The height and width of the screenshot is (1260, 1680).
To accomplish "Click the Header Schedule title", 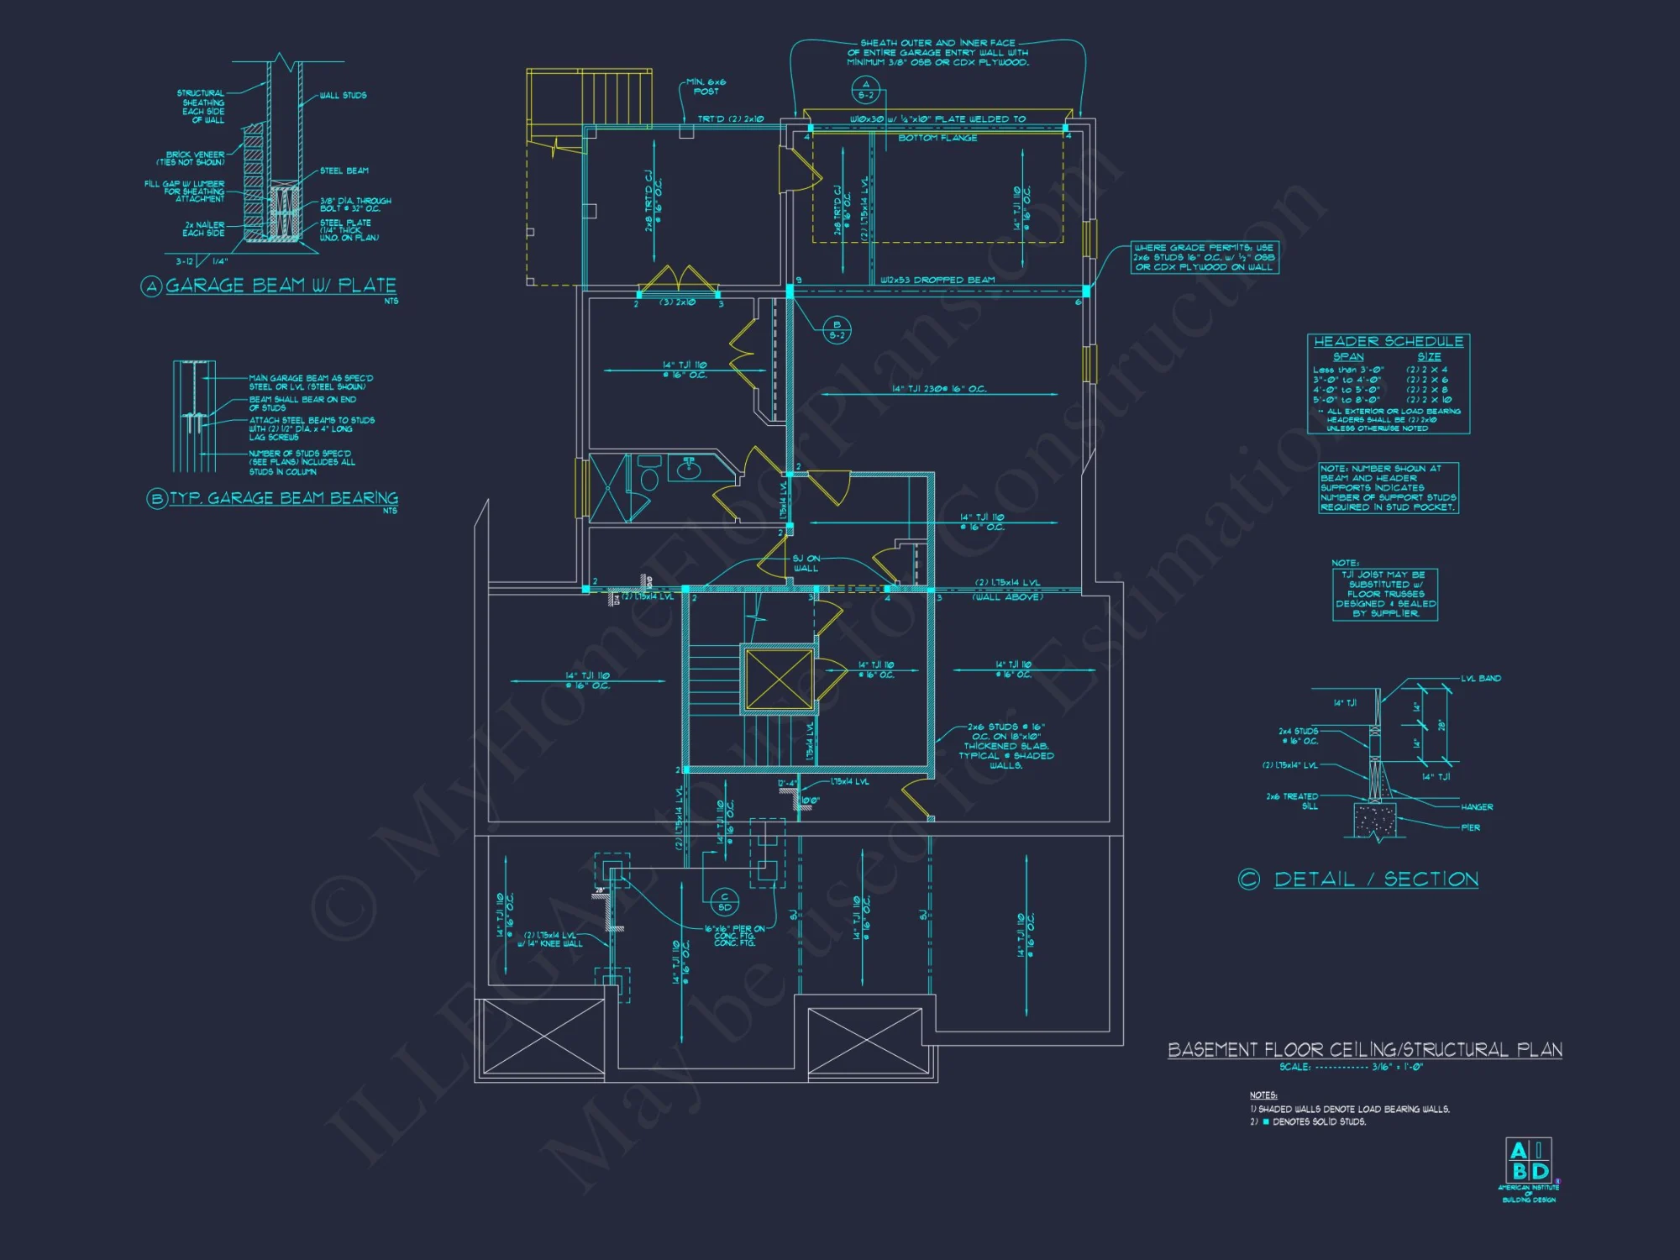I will (x=1388, y=342).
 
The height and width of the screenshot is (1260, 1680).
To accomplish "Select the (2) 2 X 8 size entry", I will (x=1427, y=390).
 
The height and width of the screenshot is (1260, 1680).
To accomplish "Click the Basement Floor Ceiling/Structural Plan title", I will (x=1364, y=1050).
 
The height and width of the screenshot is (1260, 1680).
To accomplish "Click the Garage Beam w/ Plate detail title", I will (x=281, y=286).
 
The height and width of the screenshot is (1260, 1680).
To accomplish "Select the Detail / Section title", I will (x=1376, y=879).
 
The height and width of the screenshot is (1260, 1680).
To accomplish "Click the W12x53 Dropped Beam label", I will (x=937, y=281).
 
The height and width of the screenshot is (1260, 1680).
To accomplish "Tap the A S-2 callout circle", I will (x=865, y=89).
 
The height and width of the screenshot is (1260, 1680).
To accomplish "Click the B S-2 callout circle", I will (x=837, y=330).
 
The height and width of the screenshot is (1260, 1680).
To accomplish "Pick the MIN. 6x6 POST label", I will (x=706, y=87).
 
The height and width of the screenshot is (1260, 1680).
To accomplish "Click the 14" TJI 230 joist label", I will (x=939, y=389).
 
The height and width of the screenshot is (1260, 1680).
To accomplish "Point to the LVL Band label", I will (x=1480, y=678).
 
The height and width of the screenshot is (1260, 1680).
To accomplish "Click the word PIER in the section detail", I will (x=1470, y=827).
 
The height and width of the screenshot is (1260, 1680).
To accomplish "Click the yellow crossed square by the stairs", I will (x=779, y=679).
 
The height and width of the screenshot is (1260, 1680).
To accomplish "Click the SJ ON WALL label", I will (x=806, y=563).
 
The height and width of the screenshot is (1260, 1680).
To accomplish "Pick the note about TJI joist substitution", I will (x=1385, y=594).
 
